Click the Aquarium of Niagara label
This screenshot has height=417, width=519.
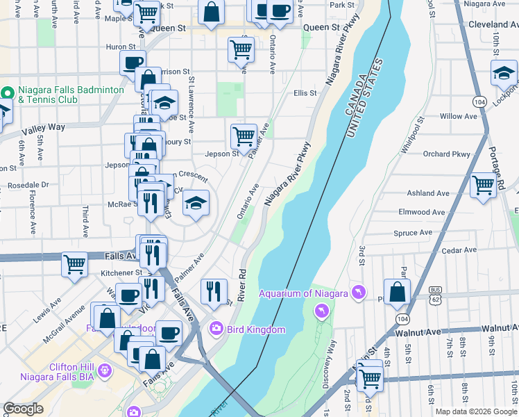[303, 293]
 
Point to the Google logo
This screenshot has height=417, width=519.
[23, 409]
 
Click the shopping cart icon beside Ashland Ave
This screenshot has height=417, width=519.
[484, 185]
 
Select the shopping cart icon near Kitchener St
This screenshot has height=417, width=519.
[74, 264]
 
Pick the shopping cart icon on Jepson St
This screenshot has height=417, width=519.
[244, 136]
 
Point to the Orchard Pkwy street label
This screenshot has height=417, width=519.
[446, 154]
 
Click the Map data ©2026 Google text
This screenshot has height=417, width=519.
[475, 411]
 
